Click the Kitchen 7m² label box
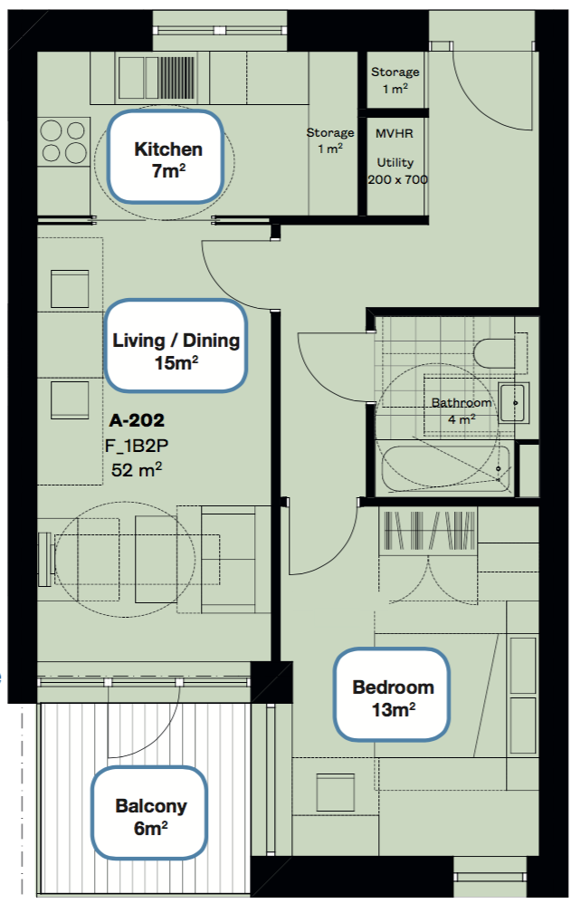click(x=167, y=157)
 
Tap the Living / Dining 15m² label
click(x=176, y=345)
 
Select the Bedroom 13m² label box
click(x=392, y=694)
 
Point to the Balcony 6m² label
click(x=150, y=812)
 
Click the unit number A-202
click(x=137, y=420)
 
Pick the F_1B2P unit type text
click(x=137, y=446)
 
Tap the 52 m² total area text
click(x=137, y=469)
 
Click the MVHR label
click(x=395, y=133)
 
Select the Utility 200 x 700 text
click(x=397, y=170)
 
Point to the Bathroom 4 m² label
click(x=462, y=410)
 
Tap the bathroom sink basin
click(x=513, y=402)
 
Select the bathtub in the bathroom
click(x=446, y=469)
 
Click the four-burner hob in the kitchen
click(x=63, y=140)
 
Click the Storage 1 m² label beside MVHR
click(x=329, y=140)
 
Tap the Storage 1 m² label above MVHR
click(x=395, y=80)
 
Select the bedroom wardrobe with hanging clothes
click(x=428, y=530)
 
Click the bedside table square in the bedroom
click(x=336, y=792)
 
